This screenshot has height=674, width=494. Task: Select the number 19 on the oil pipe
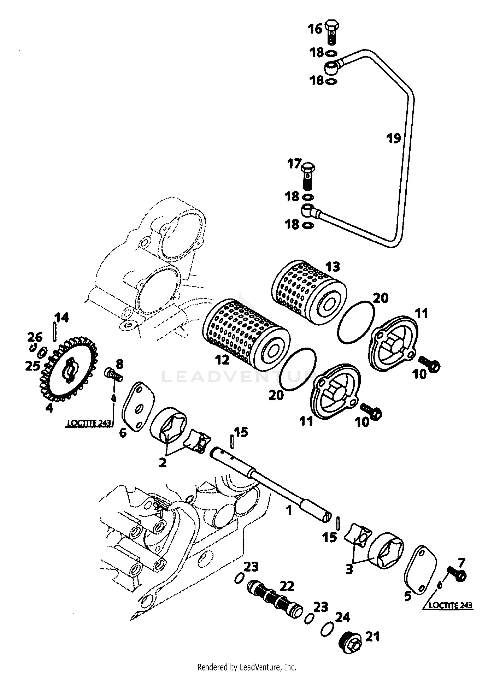(394, 138)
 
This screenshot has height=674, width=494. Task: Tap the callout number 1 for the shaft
(289, 510)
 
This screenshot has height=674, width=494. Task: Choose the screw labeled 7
(456, 574)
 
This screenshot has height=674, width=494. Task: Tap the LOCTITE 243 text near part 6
(89, 423)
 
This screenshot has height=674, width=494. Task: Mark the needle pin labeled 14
(55, 332)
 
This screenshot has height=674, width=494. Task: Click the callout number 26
(35, 337)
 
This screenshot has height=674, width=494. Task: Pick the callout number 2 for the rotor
(162, 463)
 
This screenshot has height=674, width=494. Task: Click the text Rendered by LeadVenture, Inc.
(247, 667)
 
